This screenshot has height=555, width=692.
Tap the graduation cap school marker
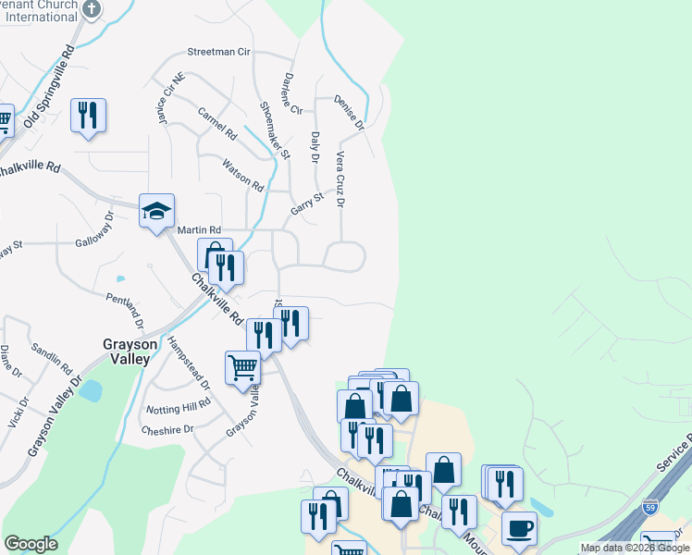pyautogui.click(x=156, y=211)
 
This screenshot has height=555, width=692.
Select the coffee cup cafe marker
pyautogui.click(x=520, y=529)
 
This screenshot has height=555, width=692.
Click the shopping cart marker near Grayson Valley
pyautogui.click(x=242, y=367)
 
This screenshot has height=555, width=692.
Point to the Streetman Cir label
pyautogui.click(x=219, y=53)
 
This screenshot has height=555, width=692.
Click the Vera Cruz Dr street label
pyautogui.click(x=340, y=179)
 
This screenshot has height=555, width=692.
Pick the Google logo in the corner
pyautogui.click(x=31, y=544)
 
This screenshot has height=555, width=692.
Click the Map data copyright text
pyautogui.click(x=636, y=549)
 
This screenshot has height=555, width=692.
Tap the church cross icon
pyautogui.click(x=91, y=9)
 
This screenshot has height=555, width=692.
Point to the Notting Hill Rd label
pyautogui.click(x=178, y=408)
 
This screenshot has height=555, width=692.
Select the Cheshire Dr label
pyautogui.click(x=167, y=429)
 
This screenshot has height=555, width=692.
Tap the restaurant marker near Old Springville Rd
pyautogui.click(x=88, y=116)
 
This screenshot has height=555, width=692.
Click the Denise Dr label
pyautogui.click(x=351, y=110)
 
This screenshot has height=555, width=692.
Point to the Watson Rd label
pyautogui.click(x=243, y=174)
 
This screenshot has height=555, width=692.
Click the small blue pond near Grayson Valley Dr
pyautogui.click(x=91, y=390)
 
